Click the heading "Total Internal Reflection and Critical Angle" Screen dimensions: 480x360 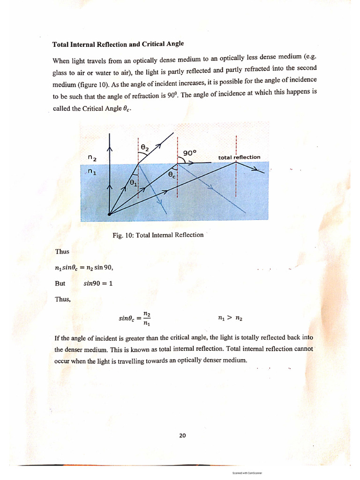pyautogui.click(x=118, y=44)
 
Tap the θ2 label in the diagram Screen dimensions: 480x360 pyautogui.click(x=145, y=148)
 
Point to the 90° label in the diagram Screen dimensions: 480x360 pyautogui.click(x=190, y=152)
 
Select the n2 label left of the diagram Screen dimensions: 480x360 pyautogui.click(x=92, y=159)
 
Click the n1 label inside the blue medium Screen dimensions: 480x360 pyautogui.click(x=92, y=172)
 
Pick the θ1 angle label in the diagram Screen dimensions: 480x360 pyautogui.click(x=134, y=183)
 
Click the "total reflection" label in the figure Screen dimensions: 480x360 pyautogui.click(x=239, y=157)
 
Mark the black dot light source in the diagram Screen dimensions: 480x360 pyautogui.click(x=109, y=214)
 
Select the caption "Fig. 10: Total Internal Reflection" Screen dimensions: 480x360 pyautogui.click(x=158, y=235)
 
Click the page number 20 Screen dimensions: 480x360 pyautogui.click(x=182, y=435)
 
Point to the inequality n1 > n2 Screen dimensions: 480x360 pyautogui.click(x=230, y=318)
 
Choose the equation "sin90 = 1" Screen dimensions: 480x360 pyautogui.click(x=98, y=284)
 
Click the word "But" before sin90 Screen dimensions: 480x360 pyautogui.click(x=60, y=284)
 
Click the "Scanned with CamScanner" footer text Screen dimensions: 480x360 pyautogui.click(x=247, y=473)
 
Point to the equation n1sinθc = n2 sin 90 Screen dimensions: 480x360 pyautogui.click(x=84, y=268)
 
